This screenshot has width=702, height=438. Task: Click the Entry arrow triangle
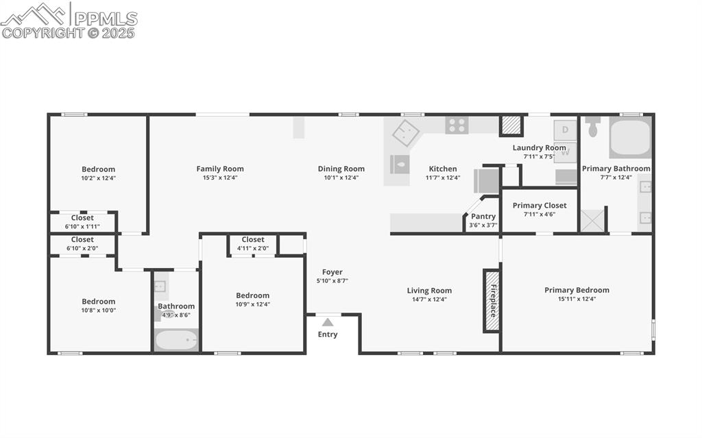tap(328, 322)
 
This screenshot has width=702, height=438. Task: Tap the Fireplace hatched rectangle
tap(492, 300)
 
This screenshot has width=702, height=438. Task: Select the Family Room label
tap(220, 169)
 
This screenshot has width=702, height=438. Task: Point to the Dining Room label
tap(341, 169)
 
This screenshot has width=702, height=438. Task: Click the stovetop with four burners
tap(457, 125)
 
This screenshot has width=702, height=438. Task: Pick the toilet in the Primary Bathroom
tap(594, 127)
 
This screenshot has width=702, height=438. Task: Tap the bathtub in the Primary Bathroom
tap(630, 138)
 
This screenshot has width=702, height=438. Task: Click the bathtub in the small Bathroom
tap(176, 340)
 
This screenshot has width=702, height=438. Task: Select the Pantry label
tap(483, 217)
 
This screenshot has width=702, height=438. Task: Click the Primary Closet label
tap(540, 205)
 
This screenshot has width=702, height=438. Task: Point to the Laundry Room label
tap(540, 147)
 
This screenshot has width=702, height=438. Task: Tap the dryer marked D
tap(565, 129)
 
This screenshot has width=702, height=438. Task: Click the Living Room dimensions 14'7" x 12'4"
tap(429, 299)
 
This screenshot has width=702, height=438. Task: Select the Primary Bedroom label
tap(577, 290)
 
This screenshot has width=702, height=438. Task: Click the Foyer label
tap(332, 272)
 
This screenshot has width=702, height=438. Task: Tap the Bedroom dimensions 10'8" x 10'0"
tap(99, 310)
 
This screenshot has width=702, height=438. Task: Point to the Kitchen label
tap(443, 169)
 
